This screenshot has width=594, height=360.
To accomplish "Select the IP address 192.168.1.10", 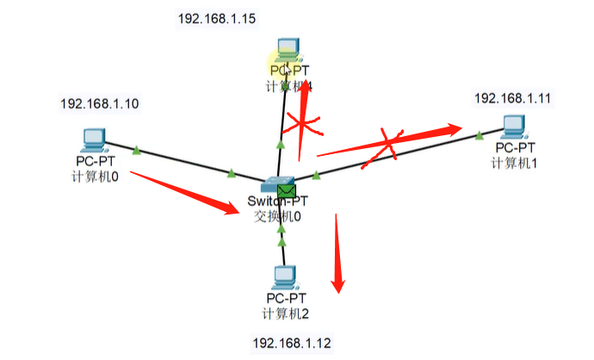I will point(99,103).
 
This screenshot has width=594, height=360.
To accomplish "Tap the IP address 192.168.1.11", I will point(512,98).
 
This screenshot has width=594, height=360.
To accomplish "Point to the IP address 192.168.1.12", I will point(291,343).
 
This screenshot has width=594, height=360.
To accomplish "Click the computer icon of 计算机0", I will point(91,139).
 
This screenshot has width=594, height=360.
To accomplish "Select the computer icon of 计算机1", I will point(514,127).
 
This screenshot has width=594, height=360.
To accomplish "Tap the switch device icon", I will point(278,183).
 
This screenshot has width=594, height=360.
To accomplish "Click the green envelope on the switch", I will point(287,189).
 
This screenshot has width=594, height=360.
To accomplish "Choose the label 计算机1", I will point(515,163).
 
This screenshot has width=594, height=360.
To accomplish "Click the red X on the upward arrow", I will point(303,126).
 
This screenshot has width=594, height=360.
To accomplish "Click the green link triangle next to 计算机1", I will point(479,134).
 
